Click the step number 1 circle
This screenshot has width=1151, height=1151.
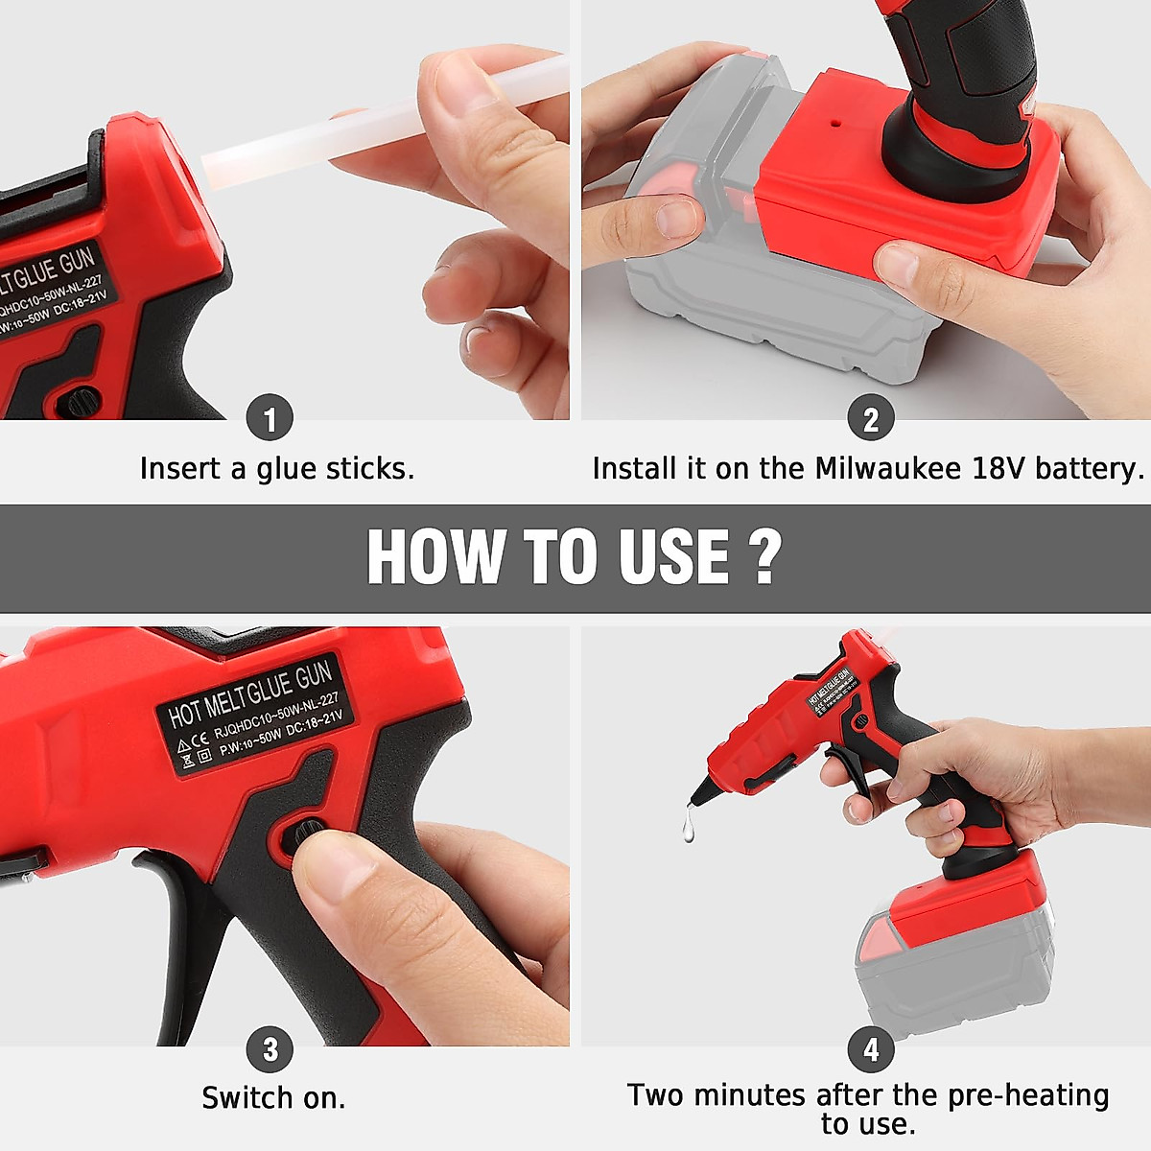pyautogui.click(x=270, y=419)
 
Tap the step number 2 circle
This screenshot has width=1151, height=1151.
pyautogui.click(x=870, y=419)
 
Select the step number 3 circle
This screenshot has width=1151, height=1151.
pyautogui.click(x=270, y=1049)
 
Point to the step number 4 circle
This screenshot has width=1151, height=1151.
pyautogui.click(x=870, y=1049)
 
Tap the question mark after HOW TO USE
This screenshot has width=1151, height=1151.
pyautogui.click(x=764, y=556)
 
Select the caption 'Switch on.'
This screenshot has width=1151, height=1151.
pyautogui.click(x=273, y=1098)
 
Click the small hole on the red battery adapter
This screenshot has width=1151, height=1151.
pyautogui.click(x=835, y=124)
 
